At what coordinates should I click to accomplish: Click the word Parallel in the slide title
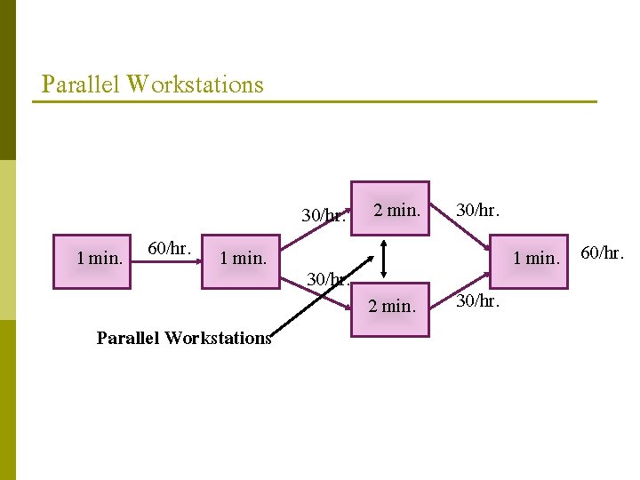pos(81,84)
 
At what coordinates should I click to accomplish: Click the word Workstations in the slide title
pos(195,84)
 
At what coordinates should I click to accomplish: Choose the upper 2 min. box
pos(391,210)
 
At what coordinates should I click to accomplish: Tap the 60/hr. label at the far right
pos(603,254)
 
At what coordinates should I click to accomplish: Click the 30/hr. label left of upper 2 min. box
pos(324,215)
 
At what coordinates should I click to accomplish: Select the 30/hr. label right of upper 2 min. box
pos(478,210)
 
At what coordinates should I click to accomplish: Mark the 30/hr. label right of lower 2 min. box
pos(478,302)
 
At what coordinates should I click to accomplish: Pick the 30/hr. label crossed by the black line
pos(325,279)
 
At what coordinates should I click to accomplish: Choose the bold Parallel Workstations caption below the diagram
pos(183,338)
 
